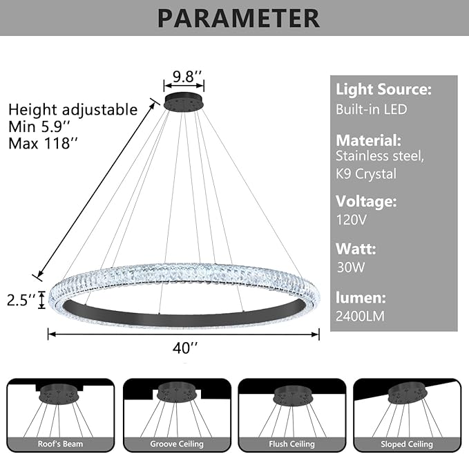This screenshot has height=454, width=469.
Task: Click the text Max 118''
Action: [43, 143]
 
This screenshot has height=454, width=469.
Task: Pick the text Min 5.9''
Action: [41, 126]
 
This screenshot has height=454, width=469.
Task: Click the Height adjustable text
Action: [73, 110]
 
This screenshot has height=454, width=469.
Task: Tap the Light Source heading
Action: [384, 90]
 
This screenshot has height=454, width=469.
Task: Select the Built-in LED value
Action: [372, 109]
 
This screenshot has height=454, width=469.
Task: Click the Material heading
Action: [368, 139]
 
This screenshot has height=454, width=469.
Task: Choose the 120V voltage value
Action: [351, 221]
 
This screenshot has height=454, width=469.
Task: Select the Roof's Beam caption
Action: [61, 444]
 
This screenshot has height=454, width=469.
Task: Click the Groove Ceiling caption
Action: [176, 444]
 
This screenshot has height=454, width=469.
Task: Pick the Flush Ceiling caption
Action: [291, 444]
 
